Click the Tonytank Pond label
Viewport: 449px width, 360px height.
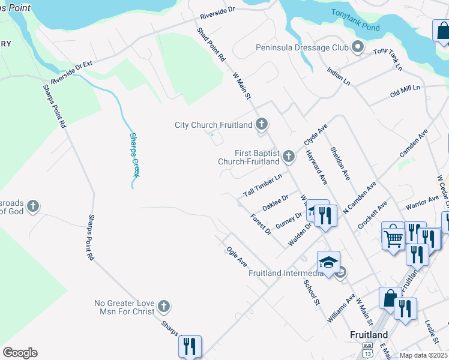point(354,20)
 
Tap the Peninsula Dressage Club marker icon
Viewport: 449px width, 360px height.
point(358,47)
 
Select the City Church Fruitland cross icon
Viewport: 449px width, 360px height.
point(261,125)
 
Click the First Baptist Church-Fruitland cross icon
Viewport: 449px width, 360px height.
point(289,157)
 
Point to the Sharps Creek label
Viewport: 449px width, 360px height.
point(134,155)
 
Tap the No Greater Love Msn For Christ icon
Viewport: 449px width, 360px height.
point(163,308)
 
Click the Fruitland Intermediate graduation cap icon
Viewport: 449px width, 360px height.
point(328,262)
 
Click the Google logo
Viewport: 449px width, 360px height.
point(20,352)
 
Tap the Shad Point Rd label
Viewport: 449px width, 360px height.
point(211,44)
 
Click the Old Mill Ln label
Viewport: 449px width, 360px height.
point(405,91)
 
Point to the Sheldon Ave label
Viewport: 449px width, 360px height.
point(340,163)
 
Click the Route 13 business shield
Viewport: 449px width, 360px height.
point(367,352)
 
